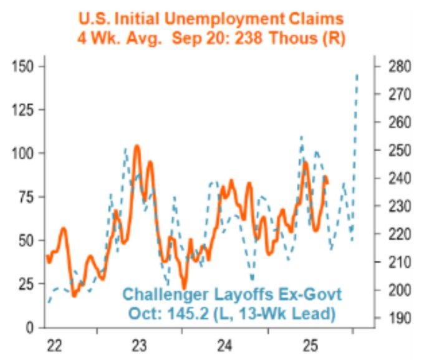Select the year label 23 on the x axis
140,345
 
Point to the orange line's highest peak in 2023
137,146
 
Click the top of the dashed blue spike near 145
357,75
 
